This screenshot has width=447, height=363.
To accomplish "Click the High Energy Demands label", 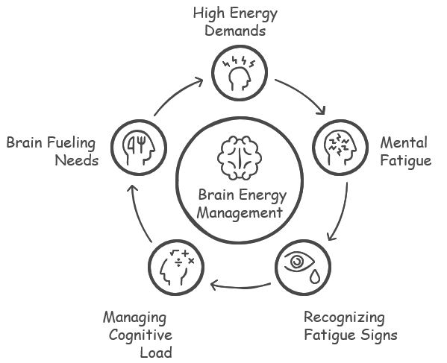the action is tap(235, 22).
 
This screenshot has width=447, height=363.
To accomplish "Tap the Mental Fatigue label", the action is tap(406, 151).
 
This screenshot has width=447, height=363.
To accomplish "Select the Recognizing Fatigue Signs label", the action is tap(350, 326).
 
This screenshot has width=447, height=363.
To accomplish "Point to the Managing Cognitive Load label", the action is tap(138, 335).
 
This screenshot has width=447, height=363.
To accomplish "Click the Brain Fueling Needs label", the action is tap(52, 151).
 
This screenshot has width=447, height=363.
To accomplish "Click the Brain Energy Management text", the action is tap(242, 203).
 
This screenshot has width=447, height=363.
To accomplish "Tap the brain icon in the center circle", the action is tap(240, 158).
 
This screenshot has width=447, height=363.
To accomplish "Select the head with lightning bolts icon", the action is tap(239, 74).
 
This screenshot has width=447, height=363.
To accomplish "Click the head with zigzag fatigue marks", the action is tap(340, 148).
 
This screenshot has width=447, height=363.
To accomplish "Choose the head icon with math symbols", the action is tap(177, 268).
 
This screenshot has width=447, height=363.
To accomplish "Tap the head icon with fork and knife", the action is tap(139, 148).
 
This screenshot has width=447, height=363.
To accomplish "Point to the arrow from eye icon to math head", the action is tap(240, 286).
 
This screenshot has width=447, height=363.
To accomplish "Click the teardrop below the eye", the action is tap(315, 277).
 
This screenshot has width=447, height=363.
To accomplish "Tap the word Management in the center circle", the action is tap(240, 213).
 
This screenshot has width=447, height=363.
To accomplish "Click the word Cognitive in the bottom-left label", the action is tap(140, 335).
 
